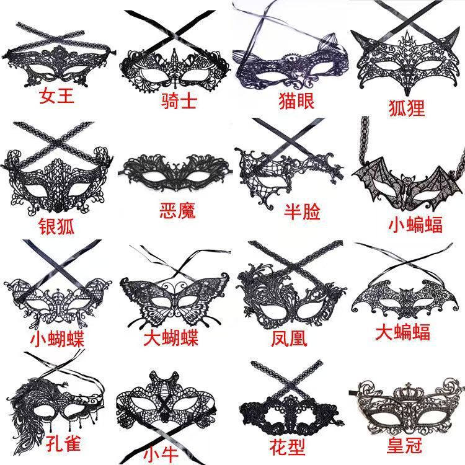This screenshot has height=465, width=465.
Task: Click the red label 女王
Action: (x=58, y=97)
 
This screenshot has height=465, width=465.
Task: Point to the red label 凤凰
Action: (x=289, y=339)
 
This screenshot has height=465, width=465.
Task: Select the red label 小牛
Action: (x=163, y=454)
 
